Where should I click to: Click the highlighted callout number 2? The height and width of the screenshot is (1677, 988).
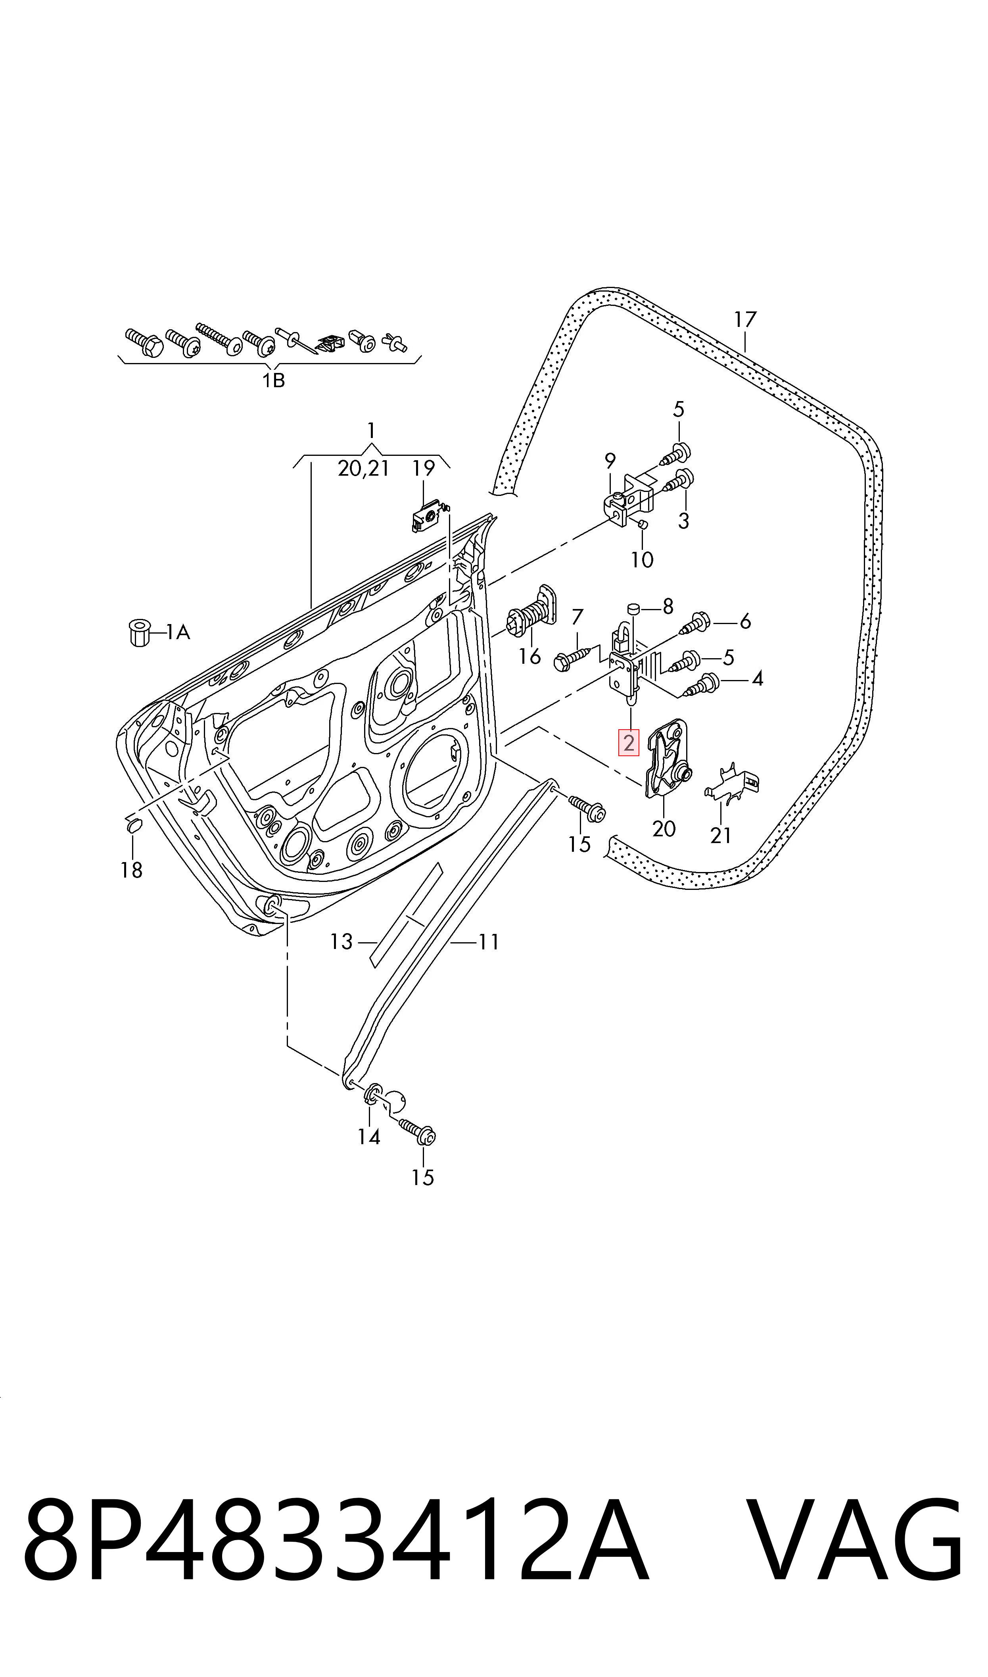[x=629, y=743]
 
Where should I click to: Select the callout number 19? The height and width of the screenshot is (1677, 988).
[x=424, y=469]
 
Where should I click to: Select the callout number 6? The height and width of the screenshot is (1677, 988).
[x=745, y=622]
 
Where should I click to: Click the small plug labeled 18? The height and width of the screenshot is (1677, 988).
[x=131, y=826]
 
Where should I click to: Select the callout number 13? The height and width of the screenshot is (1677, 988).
[x=341, y=942]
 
